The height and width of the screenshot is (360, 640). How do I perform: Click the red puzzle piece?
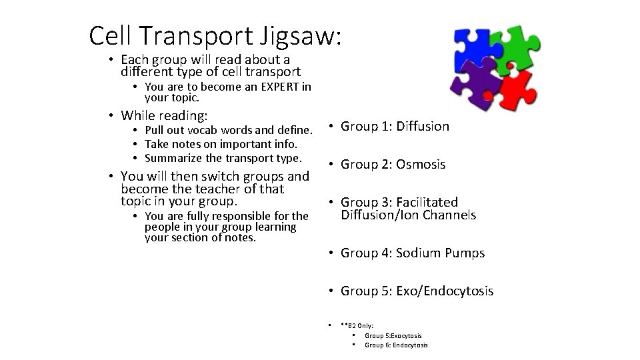tap(517, 87)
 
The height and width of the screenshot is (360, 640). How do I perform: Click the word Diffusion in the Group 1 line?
tap(423, 126)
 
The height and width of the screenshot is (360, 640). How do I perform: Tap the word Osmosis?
tap(421, 164)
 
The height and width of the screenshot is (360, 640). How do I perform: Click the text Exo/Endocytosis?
tap(445, 291)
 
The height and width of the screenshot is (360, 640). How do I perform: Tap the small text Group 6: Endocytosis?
tap(396, 345)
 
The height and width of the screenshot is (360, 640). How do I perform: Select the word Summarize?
tap(173, 159)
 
